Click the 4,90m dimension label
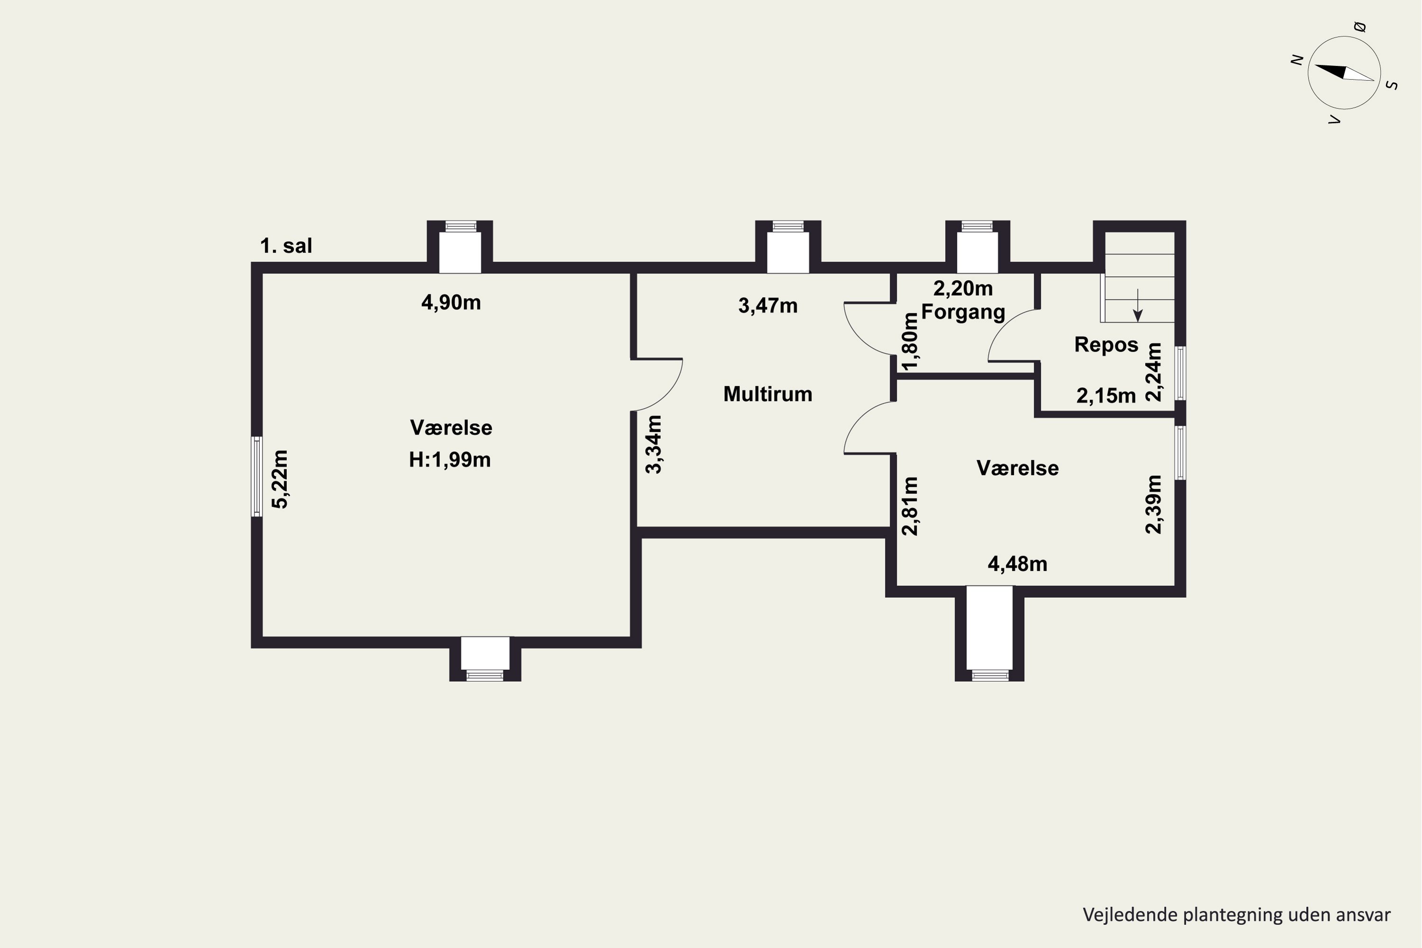coord(451,302)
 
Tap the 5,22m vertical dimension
coord(280,479)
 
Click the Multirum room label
coord(768,394)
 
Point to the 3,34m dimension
coord(654,445)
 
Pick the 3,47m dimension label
coord(768,306)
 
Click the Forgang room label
coord(963,312)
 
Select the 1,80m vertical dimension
coord(910,340)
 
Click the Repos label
coord(1106,345)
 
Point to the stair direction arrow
coord(1138,305)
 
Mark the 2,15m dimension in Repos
coord(1106,396)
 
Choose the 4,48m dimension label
coord(1018,564)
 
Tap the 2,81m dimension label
coord(910,507)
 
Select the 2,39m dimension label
coord(1154,505)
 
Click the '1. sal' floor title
coord(286,246)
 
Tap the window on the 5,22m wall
coord(257,476)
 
